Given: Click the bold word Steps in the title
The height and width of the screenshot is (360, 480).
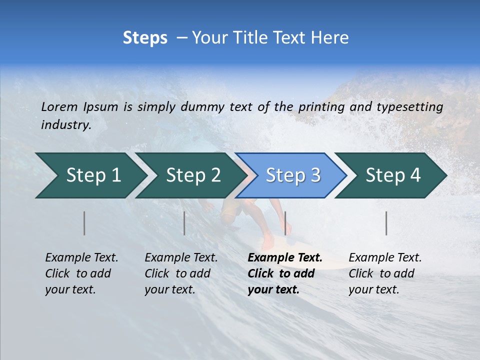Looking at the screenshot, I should tap(145, 38).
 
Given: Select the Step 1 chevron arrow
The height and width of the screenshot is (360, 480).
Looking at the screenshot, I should tap(90, 175).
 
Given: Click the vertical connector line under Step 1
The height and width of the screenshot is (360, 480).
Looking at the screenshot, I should tap(84, 223).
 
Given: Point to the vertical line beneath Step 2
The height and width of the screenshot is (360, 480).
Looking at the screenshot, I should tap(184, 223).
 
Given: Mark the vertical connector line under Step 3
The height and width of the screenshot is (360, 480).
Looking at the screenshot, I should tap(285, 223).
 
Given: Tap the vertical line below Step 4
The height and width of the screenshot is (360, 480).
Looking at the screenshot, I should tap(386, 223).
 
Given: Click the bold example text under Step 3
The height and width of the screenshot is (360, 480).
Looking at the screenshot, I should tap(284, 273).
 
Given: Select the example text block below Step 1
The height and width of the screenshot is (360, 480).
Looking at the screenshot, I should tap(81, 273).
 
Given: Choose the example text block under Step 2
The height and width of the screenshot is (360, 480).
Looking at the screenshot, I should tap(180, 273).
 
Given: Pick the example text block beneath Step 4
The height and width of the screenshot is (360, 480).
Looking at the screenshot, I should tap(384, 273).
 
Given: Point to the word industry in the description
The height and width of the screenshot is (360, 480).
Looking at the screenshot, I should tap(65, 125).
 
